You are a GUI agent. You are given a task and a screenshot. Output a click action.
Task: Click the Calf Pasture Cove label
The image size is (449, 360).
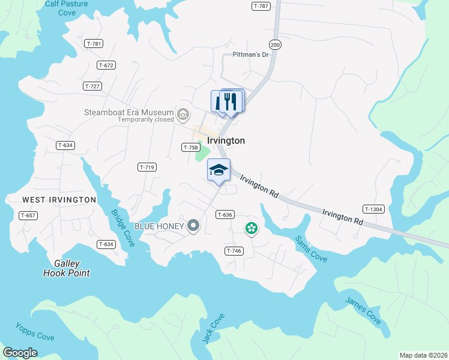(x=66, y=8)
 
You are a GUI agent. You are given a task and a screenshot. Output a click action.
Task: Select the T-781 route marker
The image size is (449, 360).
(x=94, y=43)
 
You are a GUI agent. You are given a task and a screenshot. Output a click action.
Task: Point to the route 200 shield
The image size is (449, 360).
(x=275, y=44)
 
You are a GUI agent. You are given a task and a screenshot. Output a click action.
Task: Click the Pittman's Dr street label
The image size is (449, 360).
(x=250, y=55)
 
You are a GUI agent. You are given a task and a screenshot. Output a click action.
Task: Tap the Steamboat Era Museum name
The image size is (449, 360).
(x=129, y=112)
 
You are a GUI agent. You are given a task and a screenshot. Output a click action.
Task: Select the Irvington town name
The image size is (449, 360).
(x=226, y=140)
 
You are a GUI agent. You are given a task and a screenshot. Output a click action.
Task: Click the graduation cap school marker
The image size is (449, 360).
(x=219, y=170)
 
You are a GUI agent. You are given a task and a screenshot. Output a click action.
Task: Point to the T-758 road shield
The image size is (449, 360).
(x=190, y=147)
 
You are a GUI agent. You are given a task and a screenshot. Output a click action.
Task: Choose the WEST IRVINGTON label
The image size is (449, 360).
(x=59, y=199)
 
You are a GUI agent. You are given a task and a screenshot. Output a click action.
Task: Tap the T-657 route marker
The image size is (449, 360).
(x=28, y=215)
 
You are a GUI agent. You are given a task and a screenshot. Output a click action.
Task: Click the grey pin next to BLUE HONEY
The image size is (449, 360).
(x=193, y=226)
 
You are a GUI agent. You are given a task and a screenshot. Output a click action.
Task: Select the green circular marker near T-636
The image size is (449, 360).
(x=252, y=228)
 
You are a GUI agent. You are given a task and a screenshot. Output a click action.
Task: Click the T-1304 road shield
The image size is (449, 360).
(x=373, y=209)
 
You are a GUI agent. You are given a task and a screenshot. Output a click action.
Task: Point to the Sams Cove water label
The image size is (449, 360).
(x=311, y=247)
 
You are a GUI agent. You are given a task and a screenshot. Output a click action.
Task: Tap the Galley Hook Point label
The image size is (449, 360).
(x=66, y=268)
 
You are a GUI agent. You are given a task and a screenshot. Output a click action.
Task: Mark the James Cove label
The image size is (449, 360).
(x=363, y=310)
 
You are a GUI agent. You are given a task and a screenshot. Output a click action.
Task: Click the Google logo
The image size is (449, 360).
(x=20, y=353)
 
